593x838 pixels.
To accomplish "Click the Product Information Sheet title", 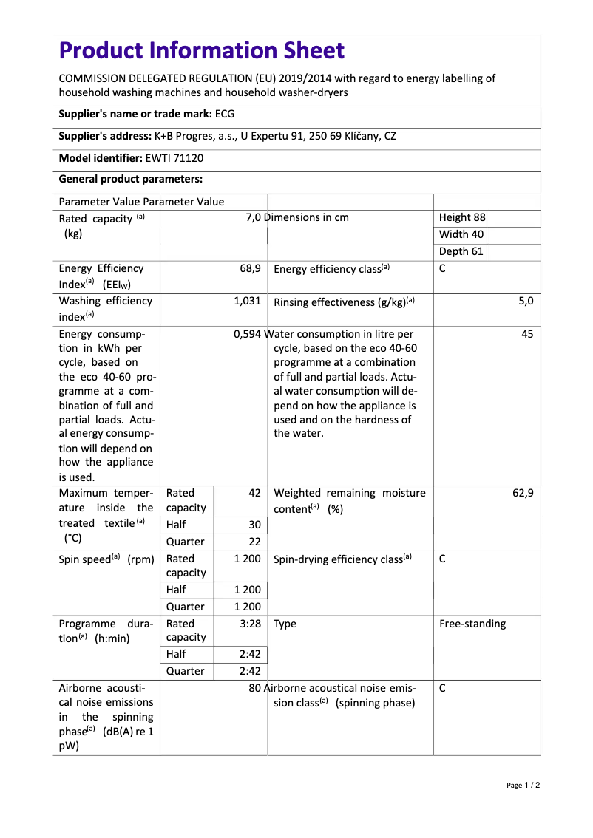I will pos(201,51).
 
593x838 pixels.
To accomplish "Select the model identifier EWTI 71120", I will pos(174,157).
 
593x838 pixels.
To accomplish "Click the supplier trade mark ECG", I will pos(225,114).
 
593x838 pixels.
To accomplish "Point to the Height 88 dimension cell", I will pos(462,217).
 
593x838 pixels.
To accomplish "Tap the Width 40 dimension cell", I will pos(461,234).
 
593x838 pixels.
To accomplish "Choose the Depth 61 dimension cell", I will pos(461,251).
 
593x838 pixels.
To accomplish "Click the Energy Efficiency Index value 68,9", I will pos(250,268).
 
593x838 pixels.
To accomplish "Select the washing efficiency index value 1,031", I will pos(247,301).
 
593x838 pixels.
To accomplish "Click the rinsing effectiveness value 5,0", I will pos(526,301).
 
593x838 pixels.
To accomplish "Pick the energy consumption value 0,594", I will pos(247,334).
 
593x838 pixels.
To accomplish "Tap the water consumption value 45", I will pos(527,334).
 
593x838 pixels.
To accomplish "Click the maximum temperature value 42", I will pos(254,493).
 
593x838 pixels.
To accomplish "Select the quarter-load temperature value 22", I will pos(254,541).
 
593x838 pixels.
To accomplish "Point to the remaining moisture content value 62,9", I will pos(523,493).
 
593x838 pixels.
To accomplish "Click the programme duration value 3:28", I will pos(250,624).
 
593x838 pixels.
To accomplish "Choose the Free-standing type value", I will pos(472,624).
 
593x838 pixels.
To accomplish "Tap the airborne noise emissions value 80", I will pos(255,688).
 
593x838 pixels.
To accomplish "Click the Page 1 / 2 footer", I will pos(523,785).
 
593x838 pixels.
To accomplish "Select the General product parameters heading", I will pos(130,179).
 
